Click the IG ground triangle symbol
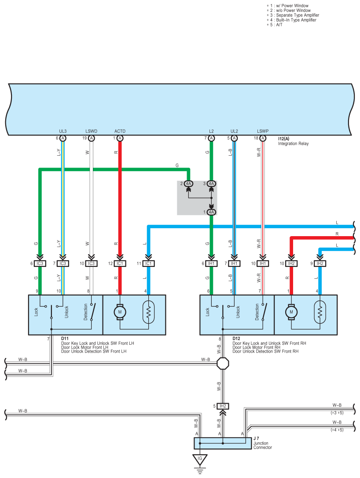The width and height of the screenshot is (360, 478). click(x=200, y=460)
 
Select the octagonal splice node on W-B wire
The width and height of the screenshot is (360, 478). click(x=223, y=364)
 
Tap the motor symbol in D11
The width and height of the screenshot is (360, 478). click(x=120, y=311)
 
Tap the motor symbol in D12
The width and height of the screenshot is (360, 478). click(x=291, y=311)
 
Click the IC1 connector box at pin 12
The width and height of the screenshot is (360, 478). click(x=120, y=263)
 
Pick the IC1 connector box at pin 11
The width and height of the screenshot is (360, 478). click(x=148, y=263)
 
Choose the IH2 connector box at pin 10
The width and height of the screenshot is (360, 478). click(x=291, y=263)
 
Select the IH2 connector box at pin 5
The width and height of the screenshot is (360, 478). click(x=223, y=406)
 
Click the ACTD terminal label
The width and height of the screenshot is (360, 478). click(x=120, y=131)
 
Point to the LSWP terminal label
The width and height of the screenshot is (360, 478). click(x=263, y=131)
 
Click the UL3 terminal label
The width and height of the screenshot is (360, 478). click(x=63, y=131)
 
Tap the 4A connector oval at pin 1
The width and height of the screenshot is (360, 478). click(x=211, y=212)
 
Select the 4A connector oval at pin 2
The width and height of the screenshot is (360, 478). click(x=189, y=183)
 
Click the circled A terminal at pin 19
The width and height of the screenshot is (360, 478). click(x=92, y=138)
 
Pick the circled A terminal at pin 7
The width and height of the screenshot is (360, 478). click(x=211, y=138)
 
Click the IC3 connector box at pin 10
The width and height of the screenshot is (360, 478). click(x=91, y=263)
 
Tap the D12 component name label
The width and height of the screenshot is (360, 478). click(x=236, y=339)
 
